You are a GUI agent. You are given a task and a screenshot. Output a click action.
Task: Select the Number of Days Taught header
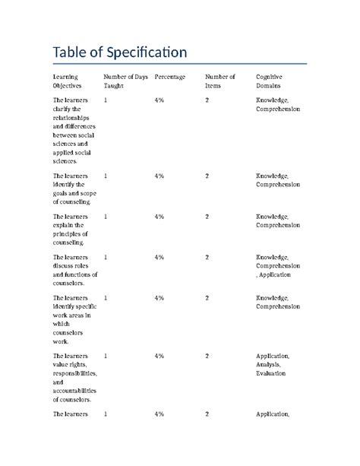[125, 81]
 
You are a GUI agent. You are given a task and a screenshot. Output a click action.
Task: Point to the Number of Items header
[220, 81]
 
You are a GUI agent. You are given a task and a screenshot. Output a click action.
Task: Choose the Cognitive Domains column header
[273, 81]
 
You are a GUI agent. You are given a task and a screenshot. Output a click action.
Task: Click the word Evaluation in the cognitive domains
[271, 374]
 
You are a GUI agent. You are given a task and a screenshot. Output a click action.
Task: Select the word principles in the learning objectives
[70, 235]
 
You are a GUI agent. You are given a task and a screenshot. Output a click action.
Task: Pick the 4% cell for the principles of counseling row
[159, 217]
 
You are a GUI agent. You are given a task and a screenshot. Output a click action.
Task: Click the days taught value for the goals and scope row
[106, 176]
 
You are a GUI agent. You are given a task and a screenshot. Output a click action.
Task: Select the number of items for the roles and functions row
[207, 258]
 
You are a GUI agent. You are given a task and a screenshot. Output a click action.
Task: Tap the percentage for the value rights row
[159, 356]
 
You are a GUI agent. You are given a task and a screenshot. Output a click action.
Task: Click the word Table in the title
[67, 52]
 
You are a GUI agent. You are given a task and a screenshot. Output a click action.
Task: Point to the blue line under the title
[179, 64]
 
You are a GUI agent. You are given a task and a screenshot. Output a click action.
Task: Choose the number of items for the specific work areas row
[207, 297]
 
